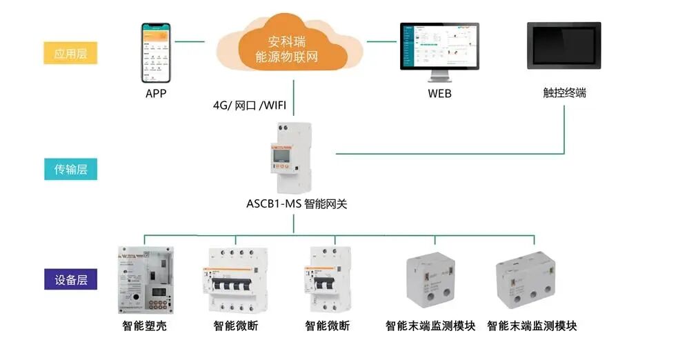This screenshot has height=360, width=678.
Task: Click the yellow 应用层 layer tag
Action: coord(70,53)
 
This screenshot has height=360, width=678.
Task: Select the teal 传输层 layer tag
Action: coord(70,168)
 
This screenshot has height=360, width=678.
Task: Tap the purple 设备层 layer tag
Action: coord(70,280)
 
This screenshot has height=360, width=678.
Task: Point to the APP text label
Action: coord(156,93)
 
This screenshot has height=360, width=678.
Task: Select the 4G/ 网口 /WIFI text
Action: coord(249,106)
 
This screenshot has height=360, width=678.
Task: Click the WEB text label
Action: coord(439,93)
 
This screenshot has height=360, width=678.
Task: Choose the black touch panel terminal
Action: coord(564,46)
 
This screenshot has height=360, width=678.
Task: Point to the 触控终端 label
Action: coord(564,92)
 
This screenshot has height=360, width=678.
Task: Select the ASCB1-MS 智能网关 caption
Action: coord(294,204)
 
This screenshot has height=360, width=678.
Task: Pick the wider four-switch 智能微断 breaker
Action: coord(235,281)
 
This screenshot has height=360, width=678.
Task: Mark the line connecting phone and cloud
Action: coord(190,41)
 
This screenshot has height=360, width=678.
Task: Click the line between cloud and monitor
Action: coord(381,41)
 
